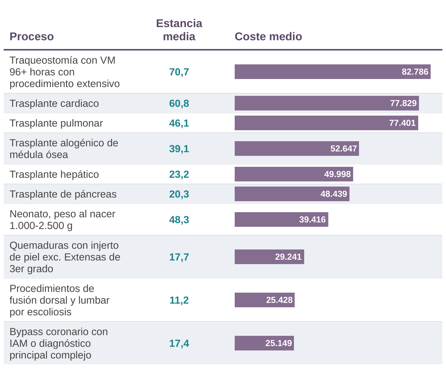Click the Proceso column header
pos(32,37)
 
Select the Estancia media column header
pos(179,30)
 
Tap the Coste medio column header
pos(268,37)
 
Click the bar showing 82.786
pos(332,72)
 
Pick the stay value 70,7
pos(179,72)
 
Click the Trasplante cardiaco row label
pos(54,104)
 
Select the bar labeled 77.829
pos(326,103)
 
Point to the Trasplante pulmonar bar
pos(326,123)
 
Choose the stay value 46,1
pos(179,123)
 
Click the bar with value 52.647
pos(296,149)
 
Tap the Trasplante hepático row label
pos(54,174)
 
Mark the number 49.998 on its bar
pos(337,174)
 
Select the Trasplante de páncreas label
pos(63,194)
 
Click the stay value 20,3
pos(179,194)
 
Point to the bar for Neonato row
pos(281,219)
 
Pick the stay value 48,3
pos(179,220)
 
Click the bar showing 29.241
pos(269,257)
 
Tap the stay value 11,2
pos(179,300)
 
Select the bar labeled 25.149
pos(264,343)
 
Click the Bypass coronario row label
pos(58,343)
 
